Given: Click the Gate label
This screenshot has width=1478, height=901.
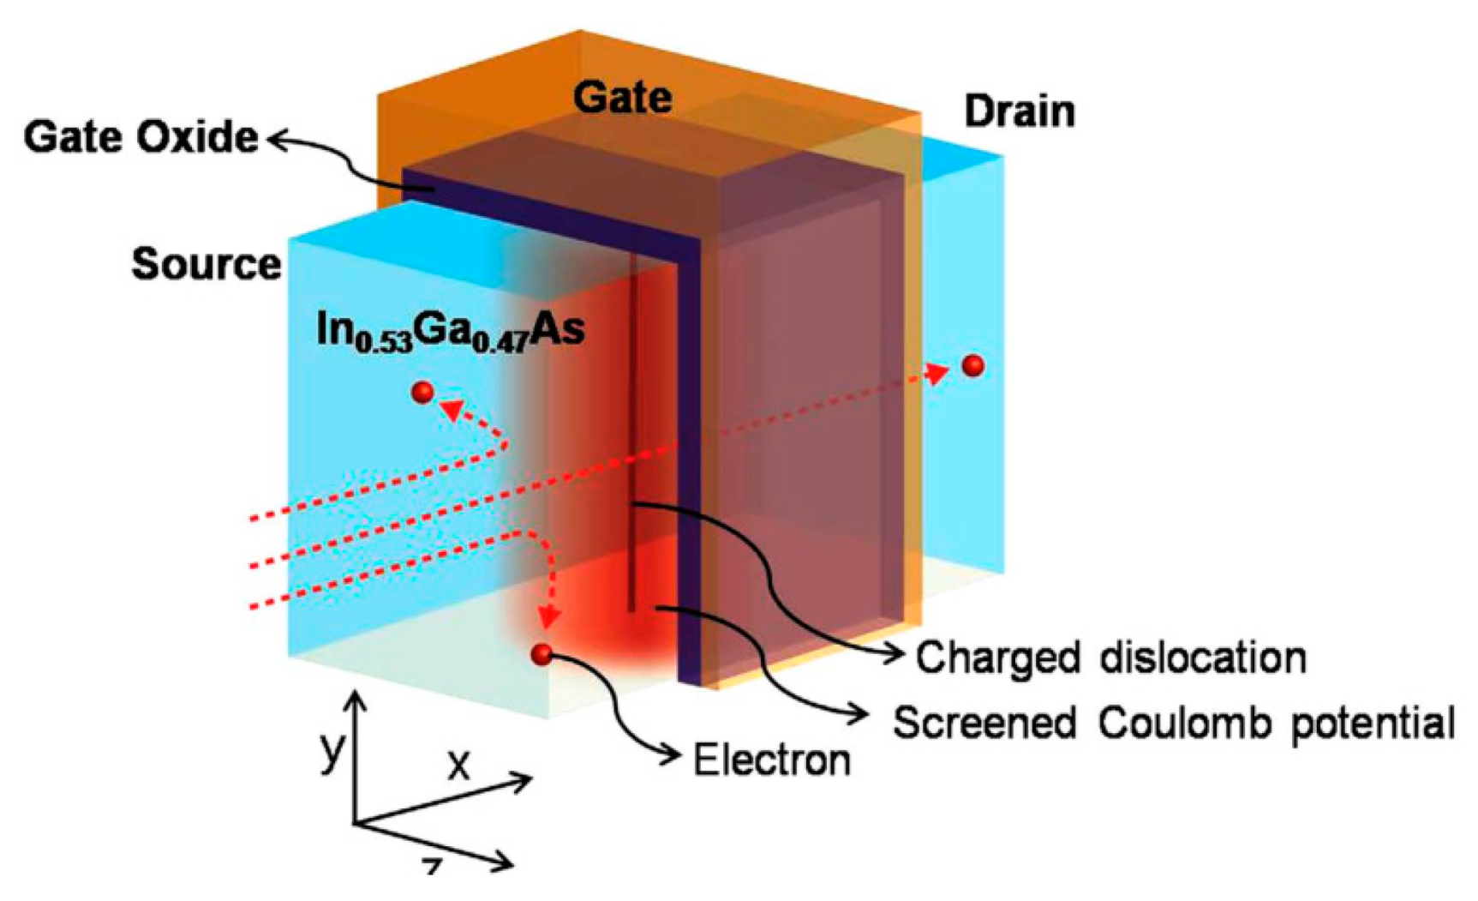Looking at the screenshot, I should click(622, 97).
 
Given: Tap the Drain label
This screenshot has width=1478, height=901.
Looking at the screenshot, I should click(1019, 112).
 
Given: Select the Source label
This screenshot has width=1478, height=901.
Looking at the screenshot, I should click(206, 264).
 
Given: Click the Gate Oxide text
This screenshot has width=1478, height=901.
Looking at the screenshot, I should click(141, 137).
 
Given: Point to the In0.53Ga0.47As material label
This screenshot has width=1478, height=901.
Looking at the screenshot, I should click(450, 330).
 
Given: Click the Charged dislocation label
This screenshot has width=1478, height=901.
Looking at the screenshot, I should click(1110, 658).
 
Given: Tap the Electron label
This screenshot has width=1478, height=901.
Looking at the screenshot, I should click(771, 760).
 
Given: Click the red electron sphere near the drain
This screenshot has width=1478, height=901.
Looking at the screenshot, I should click(972, 365).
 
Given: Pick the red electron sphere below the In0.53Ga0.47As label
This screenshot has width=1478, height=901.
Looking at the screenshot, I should click(422, 392).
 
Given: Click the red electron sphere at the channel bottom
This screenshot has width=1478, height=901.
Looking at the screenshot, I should click(541, 654).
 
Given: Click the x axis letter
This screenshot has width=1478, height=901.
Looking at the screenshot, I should click(459, 762).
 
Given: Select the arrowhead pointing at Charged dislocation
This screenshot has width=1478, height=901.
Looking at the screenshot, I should click(896, 656).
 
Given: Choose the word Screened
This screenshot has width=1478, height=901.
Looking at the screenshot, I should click(984, 724).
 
